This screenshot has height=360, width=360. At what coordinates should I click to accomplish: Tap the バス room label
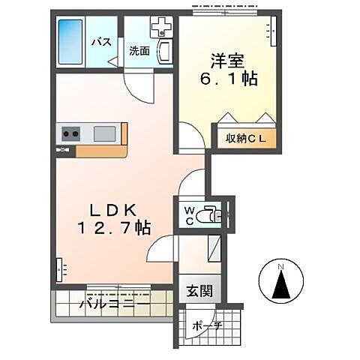[102, 42]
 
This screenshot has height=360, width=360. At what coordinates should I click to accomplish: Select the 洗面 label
[139, 52]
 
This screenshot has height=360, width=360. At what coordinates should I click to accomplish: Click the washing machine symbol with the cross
[161, 27]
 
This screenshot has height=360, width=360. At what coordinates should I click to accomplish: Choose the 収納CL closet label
[246, 139]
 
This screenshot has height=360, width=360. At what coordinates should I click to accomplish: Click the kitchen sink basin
[104, 134]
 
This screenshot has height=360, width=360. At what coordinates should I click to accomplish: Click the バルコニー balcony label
[110, 304]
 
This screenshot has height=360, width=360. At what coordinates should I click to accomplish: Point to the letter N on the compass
[280, 266]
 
